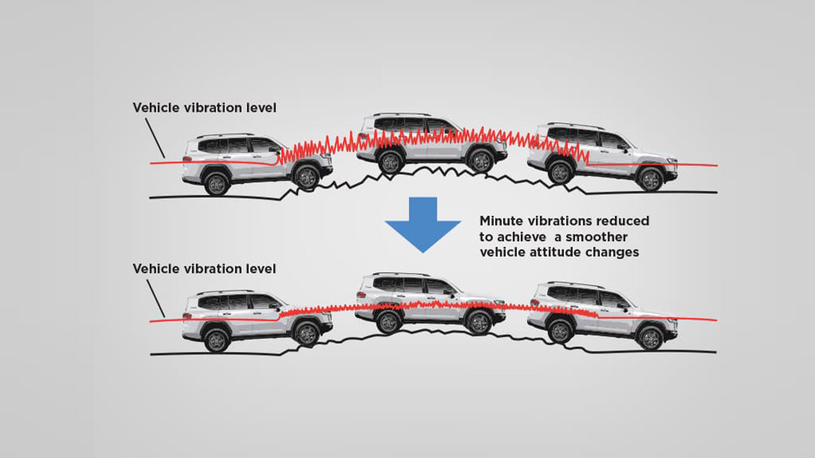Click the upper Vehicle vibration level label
click(x=204, y=107)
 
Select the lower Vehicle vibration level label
click(x=204, y=269)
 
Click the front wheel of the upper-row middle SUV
click(x=481, y=161)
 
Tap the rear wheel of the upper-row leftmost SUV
click(x=216, y=183)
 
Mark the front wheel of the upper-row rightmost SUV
click(x=650, y=178)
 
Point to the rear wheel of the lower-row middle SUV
click(x=389, y=322)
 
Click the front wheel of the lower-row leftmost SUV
click(x=306, y=333)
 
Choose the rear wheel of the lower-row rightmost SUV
click(x=560, y=331)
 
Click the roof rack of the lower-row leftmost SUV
click(x=225, y=292)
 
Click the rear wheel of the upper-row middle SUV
click(x=391, y=161)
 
